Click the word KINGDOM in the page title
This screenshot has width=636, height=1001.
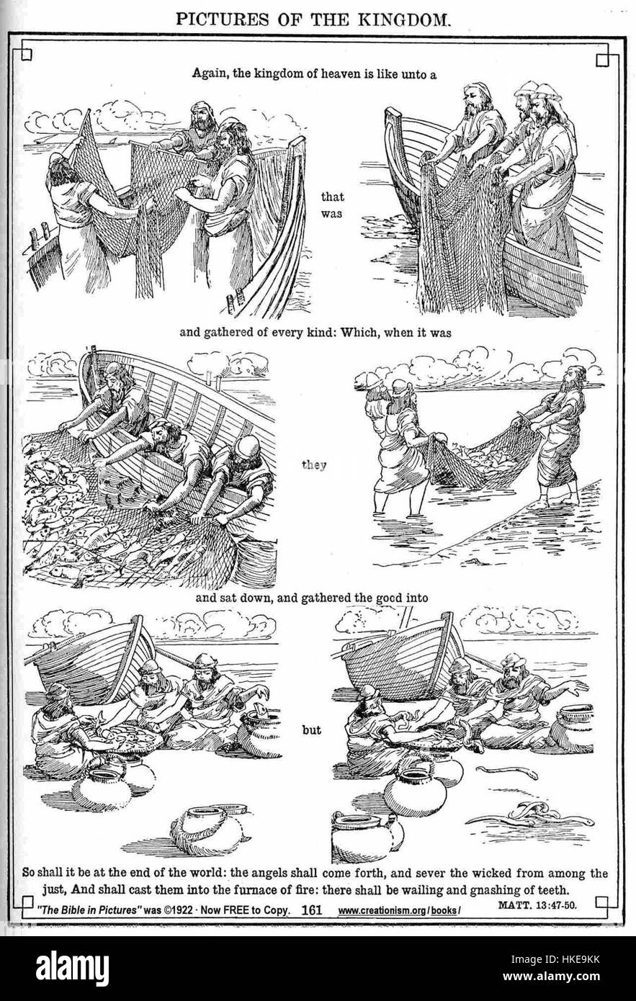400,19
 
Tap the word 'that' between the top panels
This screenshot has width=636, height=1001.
332,195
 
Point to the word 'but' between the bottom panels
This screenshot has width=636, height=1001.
310,729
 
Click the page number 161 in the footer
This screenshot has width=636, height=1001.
311,910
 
